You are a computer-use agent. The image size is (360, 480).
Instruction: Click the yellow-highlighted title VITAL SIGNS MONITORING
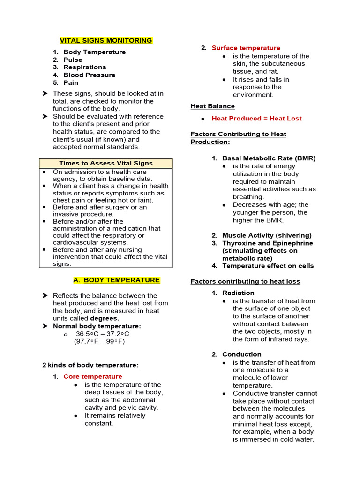pyautogui.click(x=106, y=40)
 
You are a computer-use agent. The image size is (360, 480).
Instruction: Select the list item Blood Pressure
pyautogui.click(x=89, y=75)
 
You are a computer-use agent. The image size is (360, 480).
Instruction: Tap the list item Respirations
pyautogui.click(x=85, y=67)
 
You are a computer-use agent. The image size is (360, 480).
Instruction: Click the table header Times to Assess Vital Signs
pyautogui.click(x=106, y=163)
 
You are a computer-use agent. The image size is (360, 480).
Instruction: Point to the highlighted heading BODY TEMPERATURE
pyautogui.click(x=121, y=280)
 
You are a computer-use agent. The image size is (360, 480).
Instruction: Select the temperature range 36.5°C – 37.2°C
pyautogui.click(x=102, y=334)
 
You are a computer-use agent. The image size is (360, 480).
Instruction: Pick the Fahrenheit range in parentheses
pyautogui.click(x=99, y=341)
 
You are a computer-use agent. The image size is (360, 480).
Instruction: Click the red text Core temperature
pyautogui.click(x=93, y=376)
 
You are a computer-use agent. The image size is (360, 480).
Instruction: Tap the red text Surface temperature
pyautogui.click(x=246, y=48)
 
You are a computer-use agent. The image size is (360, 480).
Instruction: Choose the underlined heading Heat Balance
pyautogui.click(x=213, y=106)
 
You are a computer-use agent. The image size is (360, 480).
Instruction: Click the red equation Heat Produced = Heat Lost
pyautogui.click(x=256, y=119)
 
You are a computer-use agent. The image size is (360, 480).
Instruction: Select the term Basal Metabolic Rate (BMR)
pyautogui.click(x=269, y=158)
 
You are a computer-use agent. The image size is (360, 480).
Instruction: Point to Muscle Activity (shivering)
pyautogui.click(x=267, y=235)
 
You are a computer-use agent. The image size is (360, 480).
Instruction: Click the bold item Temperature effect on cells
pyautogui.click(x=268, y=266)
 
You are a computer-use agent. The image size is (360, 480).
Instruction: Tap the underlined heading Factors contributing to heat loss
pyautogui.click(x=245, y=281)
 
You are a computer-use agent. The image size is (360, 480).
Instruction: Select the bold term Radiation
pyautogui.click(x=238, y=293)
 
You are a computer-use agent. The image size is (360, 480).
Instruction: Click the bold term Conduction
pyautogui.click(x=241, y=354)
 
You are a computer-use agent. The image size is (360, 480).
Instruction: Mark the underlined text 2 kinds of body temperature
pyautogui.click(x=90, y=365)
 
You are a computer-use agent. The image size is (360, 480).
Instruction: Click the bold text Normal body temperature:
pyautogui.click(x=97, y=326)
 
